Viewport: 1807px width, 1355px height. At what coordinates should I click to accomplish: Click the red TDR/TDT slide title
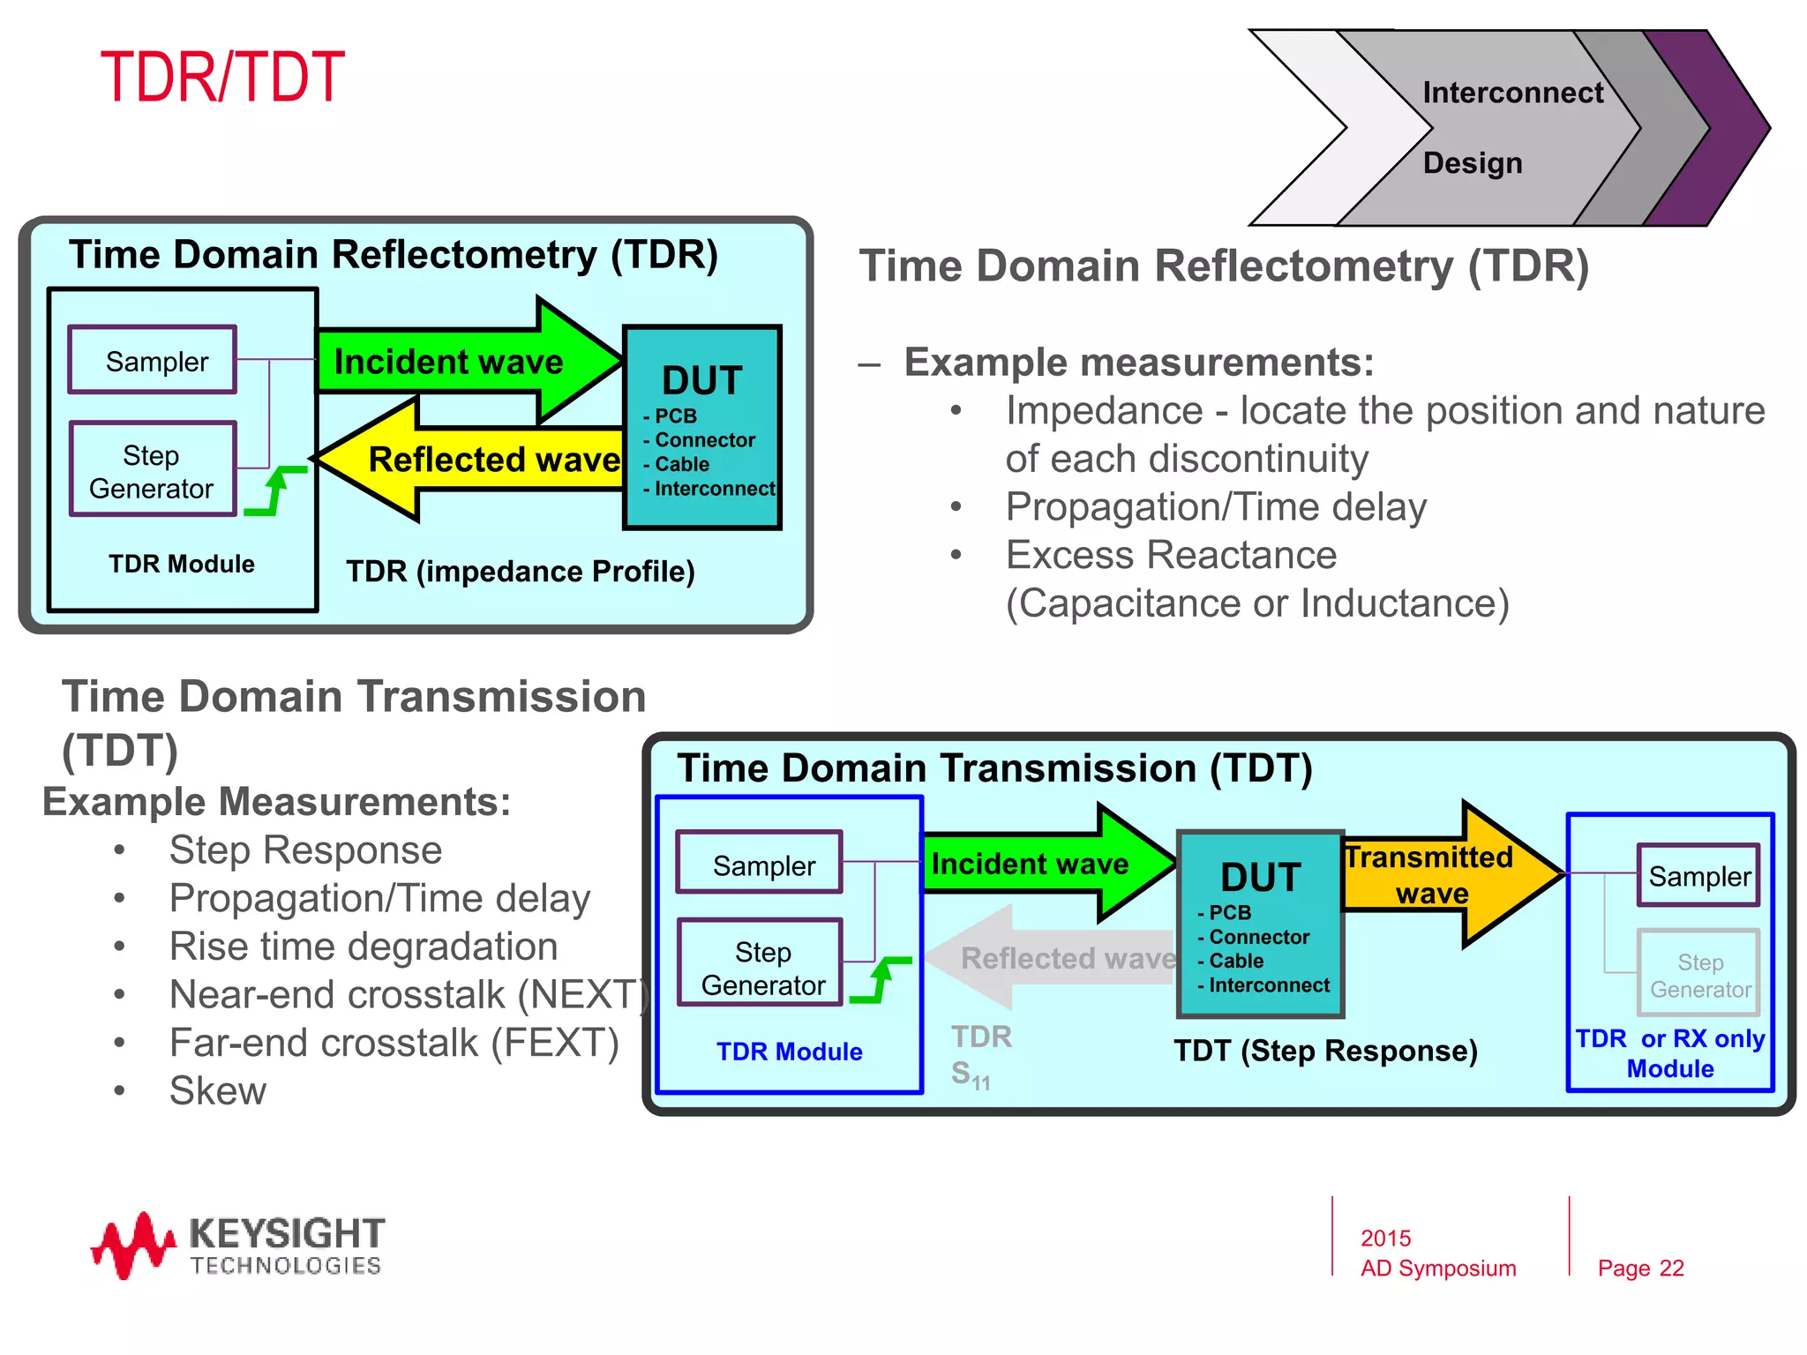pos(222,78)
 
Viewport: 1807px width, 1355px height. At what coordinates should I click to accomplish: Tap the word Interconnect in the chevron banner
pos(1512,93)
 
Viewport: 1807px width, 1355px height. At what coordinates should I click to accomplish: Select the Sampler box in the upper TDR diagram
pos(153,360)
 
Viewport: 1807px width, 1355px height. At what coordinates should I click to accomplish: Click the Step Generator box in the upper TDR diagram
pos(153,470)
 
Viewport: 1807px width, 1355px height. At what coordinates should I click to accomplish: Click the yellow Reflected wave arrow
pos(476,459)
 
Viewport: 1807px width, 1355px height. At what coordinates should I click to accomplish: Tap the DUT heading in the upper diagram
pos(702,380)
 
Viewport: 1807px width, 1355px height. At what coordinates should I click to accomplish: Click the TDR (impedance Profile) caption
pos(521,572)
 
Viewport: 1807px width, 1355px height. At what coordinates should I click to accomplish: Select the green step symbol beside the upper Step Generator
pos(276,490)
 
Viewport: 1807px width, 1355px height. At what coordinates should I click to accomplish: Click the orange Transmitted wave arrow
pos(1447,873)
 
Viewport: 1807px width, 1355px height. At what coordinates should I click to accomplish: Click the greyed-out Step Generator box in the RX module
pos(1698,974)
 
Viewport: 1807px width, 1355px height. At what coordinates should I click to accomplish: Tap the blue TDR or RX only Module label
pos(1669,1053)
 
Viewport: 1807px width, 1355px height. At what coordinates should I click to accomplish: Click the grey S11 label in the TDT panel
pos(971,1074)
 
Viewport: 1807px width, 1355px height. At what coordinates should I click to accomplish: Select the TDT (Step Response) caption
pos(1325,1051)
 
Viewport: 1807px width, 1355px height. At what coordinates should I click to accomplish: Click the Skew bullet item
pos(217,1091)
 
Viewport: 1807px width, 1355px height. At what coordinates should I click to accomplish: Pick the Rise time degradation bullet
pos(364,947)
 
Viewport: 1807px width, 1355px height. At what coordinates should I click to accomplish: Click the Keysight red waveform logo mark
pos(132,1244)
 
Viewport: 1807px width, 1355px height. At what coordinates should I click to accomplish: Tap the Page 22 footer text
pos(1640,1268)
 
